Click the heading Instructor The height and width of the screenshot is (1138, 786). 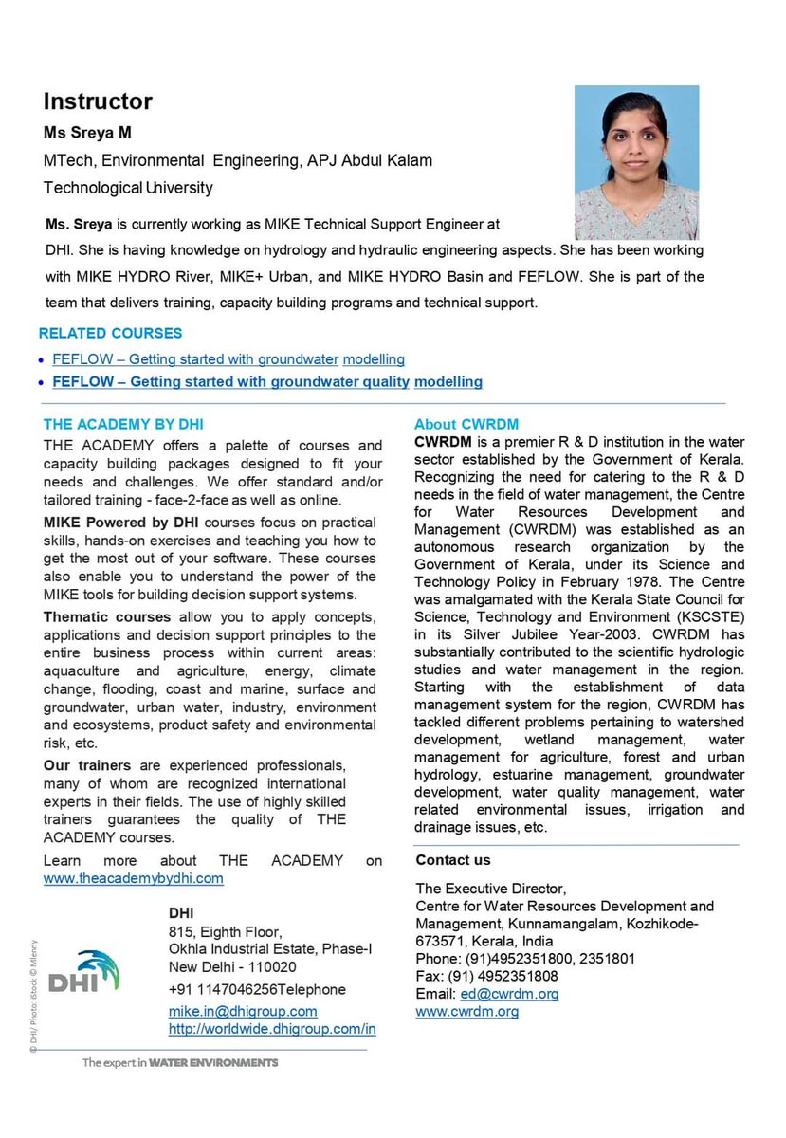pyautogui.click(x=98, y=101)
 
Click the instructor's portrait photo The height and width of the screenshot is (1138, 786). pyautogui.click(x=636, y=162)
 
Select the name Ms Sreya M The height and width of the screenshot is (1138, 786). pyautogui.click(x=87, y=132)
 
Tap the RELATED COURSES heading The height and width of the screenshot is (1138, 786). pyautogui.click(x=110, y=334)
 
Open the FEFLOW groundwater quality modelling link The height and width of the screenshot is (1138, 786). pyautogui.click(x=267, y=382)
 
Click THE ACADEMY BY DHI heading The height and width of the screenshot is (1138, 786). pyautogui.click(x=123, y=424)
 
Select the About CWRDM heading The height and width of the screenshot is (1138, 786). pyautogui.click(x=466, y=424)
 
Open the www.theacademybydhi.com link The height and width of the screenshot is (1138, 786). pyautogui.click(x=134, y=878)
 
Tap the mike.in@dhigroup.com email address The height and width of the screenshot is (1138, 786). pyautogui.click(x=243, y=1012)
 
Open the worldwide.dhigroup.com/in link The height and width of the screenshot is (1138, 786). pyautogui.click(x=272, y=1029)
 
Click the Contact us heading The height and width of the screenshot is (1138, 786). pyautogui.click(x=453, y=860)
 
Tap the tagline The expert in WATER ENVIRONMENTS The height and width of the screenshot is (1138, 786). pyautogui.click(x=179, y=1063)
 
